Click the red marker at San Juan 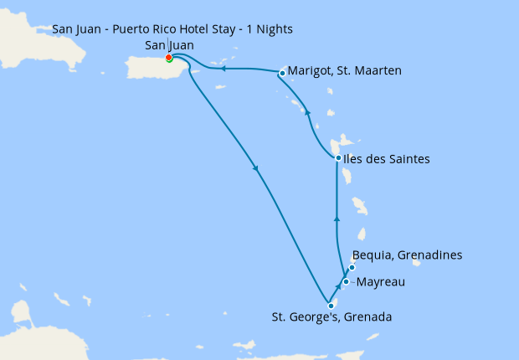tap(169, 58)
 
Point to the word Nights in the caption tap(272, 30)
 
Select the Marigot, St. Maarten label tap(345, 71)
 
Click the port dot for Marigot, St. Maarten tap(282, 73)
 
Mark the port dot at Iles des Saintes tap(337, 158)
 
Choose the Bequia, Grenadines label tap(407, 255)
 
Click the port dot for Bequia tap(352, 268)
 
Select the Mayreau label tap(381, 282)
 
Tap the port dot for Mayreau tap(346, 282)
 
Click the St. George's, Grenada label tap(331, 317)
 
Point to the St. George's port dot tap(331, 306)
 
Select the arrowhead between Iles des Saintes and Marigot tap(307, 112)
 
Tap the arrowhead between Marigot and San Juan tap(224, 69)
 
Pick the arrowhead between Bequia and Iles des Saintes tap(337, 218)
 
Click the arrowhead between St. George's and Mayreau tap(338, 293)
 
